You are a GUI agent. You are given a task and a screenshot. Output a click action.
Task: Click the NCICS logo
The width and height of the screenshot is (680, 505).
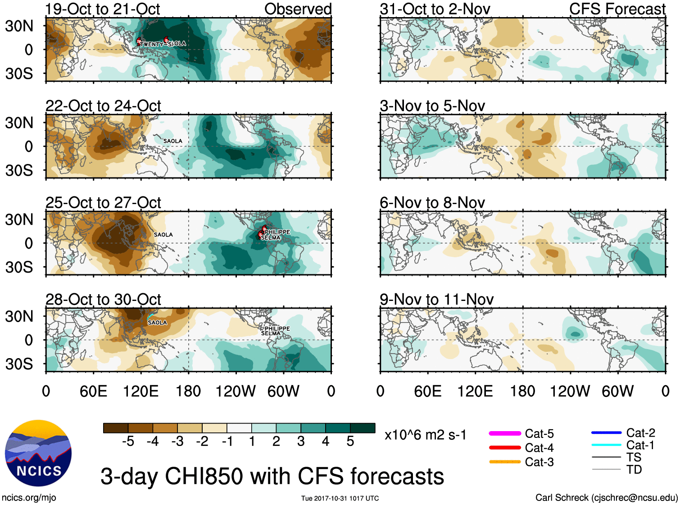point(38,453)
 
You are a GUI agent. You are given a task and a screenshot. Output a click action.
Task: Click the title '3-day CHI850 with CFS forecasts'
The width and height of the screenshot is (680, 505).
point(272,477)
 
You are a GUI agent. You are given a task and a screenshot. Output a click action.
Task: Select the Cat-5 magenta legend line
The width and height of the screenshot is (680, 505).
point(505,433)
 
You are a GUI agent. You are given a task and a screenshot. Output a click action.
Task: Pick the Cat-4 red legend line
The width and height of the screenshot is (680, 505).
point(505,448)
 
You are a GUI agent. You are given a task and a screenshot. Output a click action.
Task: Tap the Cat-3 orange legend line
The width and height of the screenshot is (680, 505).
point(505,462)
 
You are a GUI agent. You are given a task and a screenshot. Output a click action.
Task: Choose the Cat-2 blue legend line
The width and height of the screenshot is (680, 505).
point(606,433)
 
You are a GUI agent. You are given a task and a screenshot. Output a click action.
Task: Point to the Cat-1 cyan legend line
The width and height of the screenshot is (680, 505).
point(606,445)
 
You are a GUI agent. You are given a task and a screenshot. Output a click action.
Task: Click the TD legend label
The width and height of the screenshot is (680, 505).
point(634,469)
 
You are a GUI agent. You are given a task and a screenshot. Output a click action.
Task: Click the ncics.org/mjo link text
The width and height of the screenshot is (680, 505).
point(29,497)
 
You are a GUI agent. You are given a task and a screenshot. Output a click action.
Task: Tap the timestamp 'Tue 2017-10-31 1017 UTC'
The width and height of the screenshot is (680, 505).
point(340,498)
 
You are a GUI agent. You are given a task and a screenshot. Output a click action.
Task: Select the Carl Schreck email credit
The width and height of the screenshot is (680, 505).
point(606,497)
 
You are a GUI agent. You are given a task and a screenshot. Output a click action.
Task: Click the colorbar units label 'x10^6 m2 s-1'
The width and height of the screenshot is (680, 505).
point(425,435)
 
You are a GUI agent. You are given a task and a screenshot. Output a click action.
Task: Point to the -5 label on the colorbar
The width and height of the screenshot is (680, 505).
point(128,441)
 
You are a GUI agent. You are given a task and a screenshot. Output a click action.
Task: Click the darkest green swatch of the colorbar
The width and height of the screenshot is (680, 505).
point(363,428)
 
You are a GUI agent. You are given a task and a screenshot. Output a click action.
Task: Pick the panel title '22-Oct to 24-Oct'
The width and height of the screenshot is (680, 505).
point(103,106)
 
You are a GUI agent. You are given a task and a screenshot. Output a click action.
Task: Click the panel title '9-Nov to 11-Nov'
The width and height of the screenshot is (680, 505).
point(436,300)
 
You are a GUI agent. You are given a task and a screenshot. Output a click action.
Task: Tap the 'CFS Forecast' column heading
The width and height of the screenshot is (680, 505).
point(617,9)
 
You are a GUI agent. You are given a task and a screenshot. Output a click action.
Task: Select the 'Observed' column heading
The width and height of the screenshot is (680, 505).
point(298,9)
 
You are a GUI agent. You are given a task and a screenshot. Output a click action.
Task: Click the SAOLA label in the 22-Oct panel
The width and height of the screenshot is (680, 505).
point(172,141)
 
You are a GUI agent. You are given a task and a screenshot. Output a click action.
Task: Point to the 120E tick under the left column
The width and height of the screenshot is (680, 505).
point(141,391)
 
